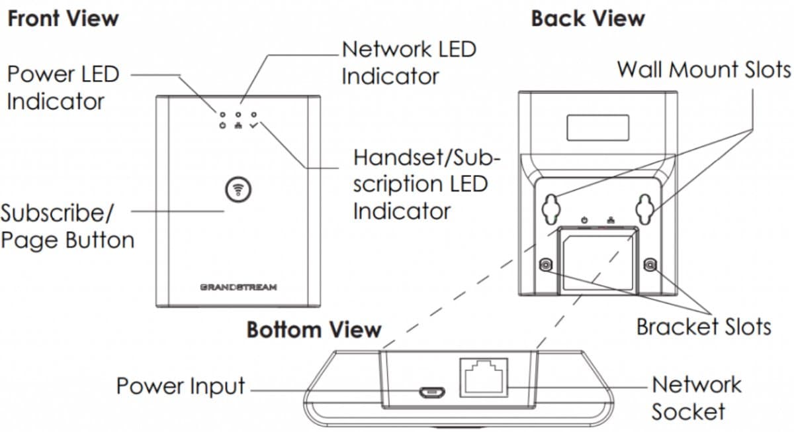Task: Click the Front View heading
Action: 63,19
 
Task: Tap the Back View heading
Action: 588,19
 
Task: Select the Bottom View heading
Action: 314,329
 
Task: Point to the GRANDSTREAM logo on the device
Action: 238,288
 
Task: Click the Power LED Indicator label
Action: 63,87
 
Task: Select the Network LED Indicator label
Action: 408,63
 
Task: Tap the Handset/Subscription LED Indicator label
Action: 427,184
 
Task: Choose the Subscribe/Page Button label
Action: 66,226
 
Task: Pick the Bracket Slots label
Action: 703,327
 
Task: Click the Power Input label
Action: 181,386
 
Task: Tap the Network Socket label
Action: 696,397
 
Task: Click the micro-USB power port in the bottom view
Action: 430,392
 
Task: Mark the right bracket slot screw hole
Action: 650,266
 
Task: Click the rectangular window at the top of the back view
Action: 597,126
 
